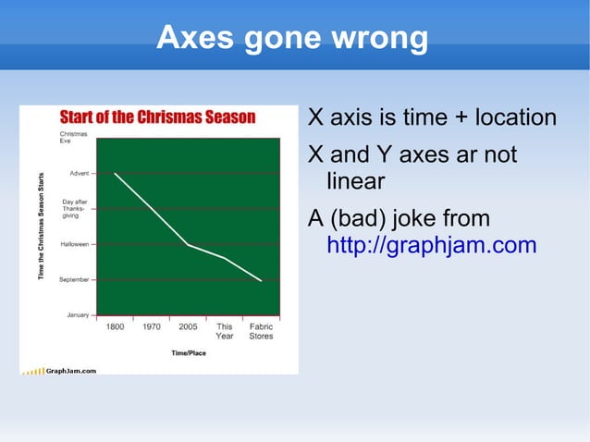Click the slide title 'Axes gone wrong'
(x=292, y=39)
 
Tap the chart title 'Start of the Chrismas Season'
(x=157, y=117)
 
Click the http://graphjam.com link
(x=432, y=245)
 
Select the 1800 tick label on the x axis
(x=116, y=326)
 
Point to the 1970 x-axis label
(x=152, y=326)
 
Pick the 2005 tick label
(x=188, y=326)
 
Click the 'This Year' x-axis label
(x=225, y=331)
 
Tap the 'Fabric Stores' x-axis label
(x=261, y=331)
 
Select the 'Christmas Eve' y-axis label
(x=74, y=138)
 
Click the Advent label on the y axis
(x=79, y=173)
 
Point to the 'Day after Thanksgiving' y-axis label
(x=74, y=208)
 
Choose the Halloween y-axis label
(x=74, y=244)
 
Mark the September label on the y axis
(x=74, y=279)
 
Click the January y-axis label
(x=78, y=314)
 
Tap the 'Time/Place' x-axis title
(x=189, y=352)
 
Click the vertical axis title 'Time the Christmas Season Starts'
(x=41, y=227)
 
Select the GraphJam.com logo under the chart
(x=59, y=370)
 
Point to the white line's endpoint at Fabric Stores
(x=261, y=280)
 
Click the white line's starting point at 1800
(x=115, y=173)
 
